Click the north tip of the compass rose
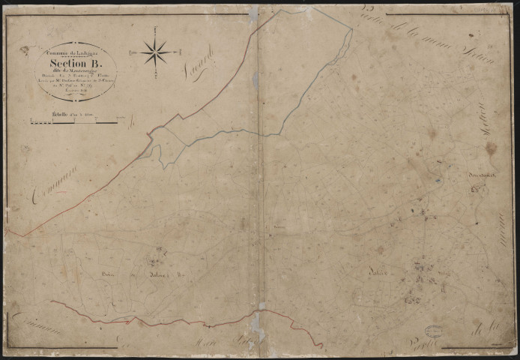(155, 28)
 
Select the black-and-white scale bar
(73, 121)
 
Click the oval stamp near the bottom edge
(434, 331)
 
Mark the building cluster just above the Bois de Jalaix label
(156, 259)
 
